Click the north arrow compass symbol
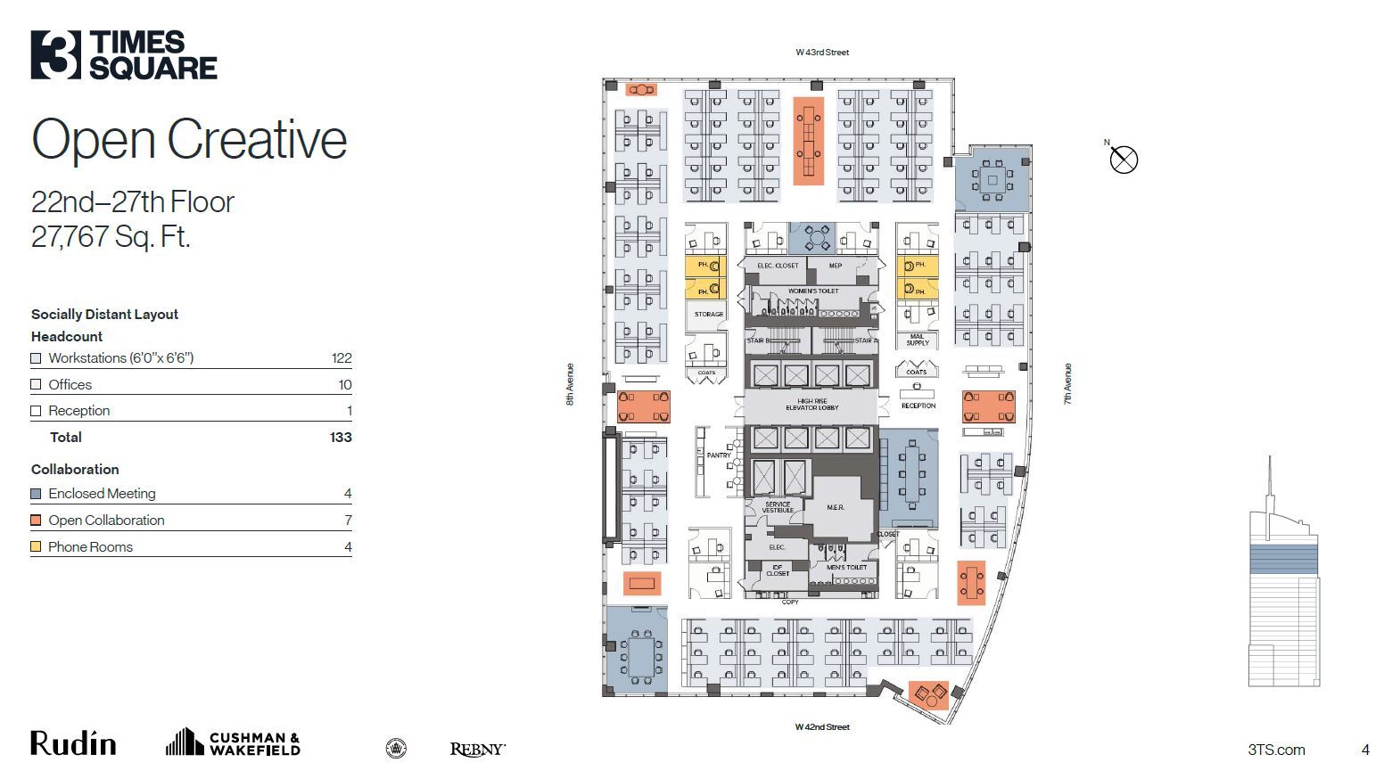click(1124, 160)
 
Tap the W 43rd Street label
click(822, 53)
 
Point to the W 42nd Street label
click(822, 727)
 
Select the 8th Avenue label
click(571, 384)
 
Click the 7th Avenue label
click(1067, 384)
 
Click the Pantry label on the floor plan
click(718, 455)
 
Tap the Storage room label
click(708, 315)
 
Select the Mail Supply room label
click(917, 340)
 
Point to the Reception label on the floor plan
click(918, 406)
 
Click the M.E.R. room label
click(836, 507)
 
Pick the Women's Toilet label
click(812, 291)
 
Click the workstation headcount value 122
click(342, 358)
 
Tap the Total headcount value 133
click(341, 438)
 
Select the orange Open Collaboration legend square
click(36, 521)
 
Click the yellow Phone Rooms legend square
click(36, 547)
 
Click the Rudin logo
click(73, 743)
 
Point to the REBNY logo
click(477, 750)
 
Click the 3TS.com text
click(1276, 750)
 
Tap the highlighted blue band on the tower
click(1282, 559)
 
